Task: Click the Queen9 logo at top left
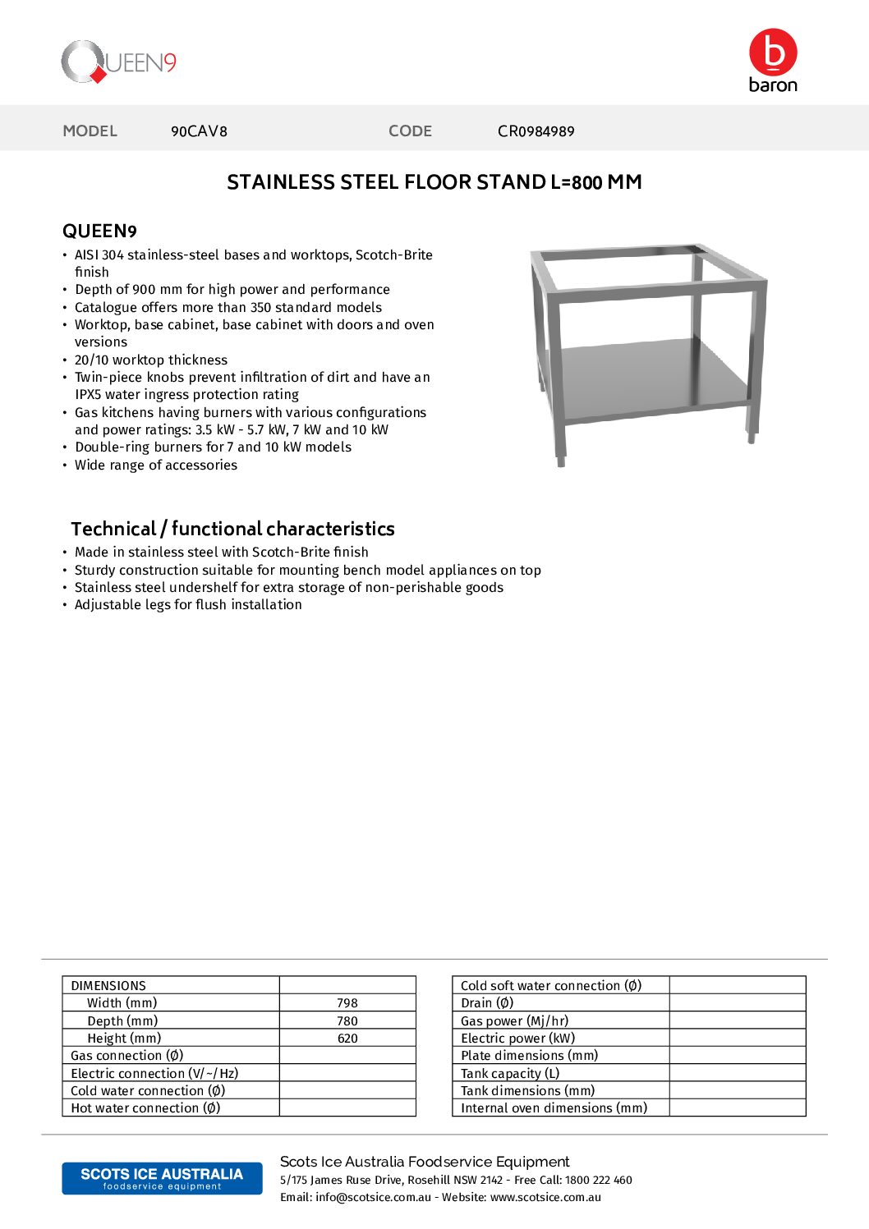[119, 62]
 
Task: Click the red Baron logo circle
[773, 53]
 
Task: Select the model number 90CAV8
[199, 131]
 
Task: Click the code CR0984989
[536, 131]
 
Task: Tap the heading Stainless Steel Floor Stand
[434, 182]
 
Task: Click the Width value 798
[347, 1003]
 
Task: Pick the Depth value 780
[347, 1021]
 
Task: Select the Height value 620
[347, 1039]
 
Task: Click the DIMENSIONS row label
[108, 986]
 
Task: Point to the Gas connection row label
[127, 1056]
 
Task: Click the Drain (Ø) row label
[487, 1003]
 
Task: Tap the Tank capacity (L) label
[510, 1073]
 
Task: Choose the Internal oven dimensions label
[554, 1108]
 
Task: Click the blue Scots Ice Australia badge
[162, 1178]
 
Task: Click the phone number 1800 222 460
[599, 1181]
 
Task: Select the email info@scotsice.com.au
[373, 1198]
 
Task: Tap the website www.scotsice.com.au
[545, 1198]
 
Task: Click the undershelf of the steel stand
[649, 378]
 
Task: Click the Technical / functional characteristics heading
[232, 529]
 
